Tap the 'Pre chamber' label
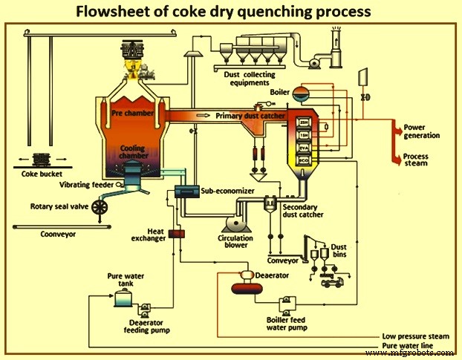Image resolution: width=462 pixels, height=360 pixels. [133, 115]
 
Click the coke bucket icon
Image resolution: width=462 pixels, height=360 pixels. [37, 159]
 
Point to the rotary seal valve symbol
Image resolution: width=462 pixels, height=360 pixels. [97, 209]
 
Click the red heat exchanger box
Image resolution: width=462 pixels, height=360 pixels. [177, 234]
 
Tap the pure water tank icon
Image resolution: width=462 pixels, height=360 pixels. [121, 299]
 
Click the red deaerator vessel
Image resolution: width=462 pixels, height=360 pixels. [242, 277]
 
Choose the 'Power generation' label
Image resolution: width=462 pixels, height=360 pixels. [421, 131]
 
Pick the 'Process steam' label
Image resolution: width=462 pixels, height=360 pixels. [420, 160]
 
